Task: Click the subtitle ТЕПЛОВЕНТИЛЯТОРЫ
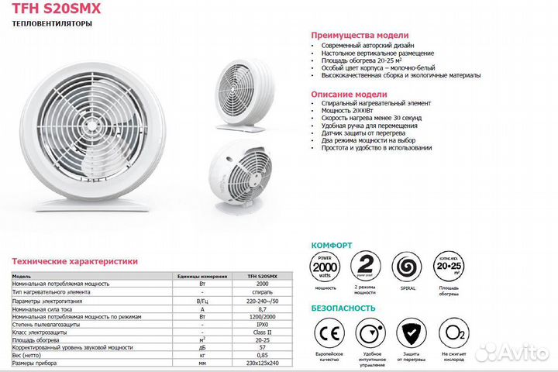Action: pyautogui.click(x=53, y=24)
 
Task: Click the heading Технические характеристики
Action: pyautogui.click(x=74, y=262)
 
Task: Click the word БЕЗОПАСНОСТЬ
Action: pyautogui.click(x=343, y=308)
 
